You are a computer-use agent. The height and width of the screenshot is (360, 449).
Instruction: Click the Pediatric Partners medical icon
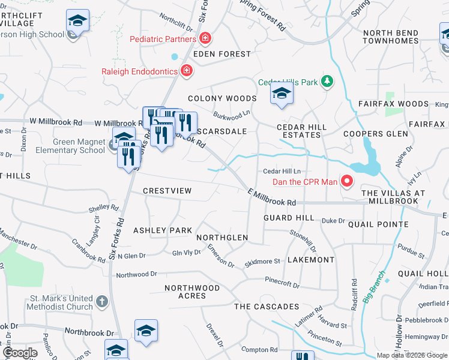pos(205,39)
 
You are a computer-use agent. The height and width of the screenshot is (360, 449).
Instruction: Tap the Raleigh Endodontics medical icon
pos(187,71)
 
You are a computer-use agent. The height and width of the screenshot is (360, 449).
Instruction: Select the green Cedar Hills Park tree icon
pos(327,82)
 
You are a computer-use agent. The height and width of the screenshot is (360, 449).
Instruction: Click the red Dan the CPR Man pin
pos(346,181)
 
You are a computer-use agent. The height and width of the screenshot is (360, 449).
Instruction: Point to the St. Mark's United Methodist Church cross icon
pos(102,301)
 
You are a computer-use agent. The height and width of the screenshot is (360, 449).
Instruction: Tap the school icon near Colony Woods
pos(281,94)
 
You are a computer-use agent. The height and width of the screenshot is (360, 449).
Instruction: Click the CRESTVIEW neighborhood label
pos(167,191)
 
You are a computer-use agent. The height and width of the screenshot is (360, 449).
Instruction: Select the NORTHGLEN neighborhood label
pos(222,238)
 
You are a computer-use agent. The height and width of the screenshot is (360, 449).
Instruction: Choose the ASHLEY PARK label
pos(162,230)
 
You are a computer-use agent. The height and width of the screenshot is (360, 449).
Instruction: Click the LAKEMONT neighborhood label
pos(311,260)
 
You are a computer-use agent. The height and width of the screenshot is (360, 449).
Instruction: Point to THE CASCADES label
pos(267,307)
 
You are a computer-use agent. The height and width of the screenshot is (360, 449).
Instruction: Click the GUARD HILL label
pos(289,218)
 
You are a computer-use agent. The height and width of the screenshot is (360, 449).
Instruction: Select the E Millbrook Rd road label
pos(272,197)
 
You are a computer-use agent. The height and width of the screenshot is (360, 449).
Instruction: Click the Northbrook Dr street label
pos(89,332)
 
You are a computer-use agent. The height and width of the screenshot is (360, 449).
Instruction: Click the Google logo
pos(19,353)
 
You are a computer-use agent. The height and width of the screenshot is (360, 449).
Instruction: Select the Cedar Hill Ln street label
pos(281,171)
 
